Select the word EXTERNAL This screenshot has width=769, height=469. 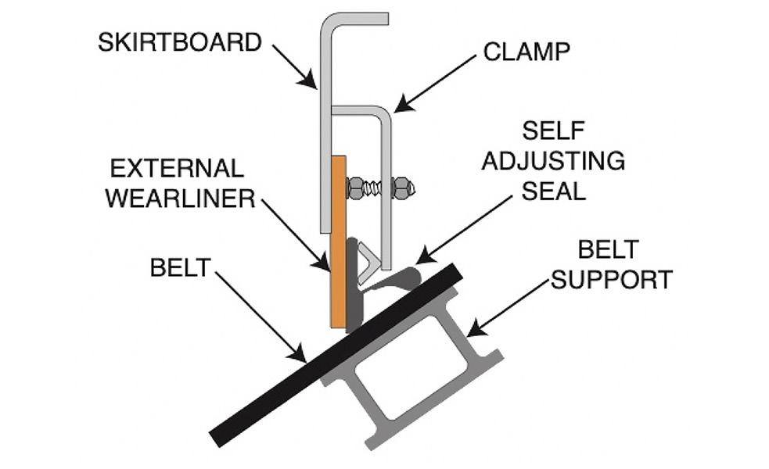tap(178, 168)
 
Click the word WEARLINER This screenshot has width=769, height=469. tap(181, 198)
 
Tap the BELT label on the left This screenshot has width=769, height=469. tap(181, 267)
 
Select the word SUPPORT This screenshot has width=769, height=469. tap(612, 278)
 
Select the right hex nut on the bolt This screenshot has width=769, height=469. tap(401, 187)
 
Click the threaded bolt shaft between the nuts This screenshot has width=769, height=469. tap(377, 188)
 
